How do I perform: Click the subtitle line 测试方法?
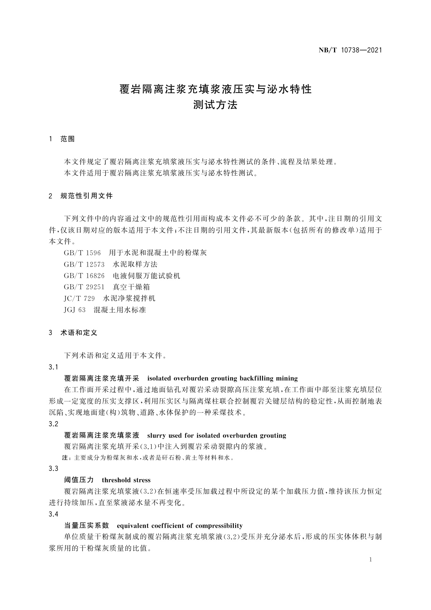[x=215, y=105]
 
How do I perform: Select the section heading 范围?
[x=68, y=139]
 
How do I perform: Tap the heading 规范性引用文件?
[x=86, y=196]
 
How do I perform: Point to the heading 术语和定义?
[x=79, y=333]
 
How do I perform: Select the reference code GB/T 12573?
[x=84, y=264]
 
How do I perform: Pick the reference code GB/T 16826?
[x=84, y=276]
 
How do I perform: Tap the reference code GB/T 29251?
[x=84, y=287]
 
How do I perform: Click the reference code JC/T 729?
[x=79, y=298]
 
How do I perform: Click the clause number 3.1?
[x=54, y=367]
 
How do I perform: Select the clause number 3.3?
[x=54, y=469]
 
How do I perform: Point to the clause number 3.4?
[x=54, y=514]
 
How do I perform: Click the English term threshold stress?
[x=126, y=480]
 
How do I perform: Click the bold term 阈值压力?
[x=79, y=480]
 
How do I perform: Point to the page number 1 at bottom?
[x=371, y=560]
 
